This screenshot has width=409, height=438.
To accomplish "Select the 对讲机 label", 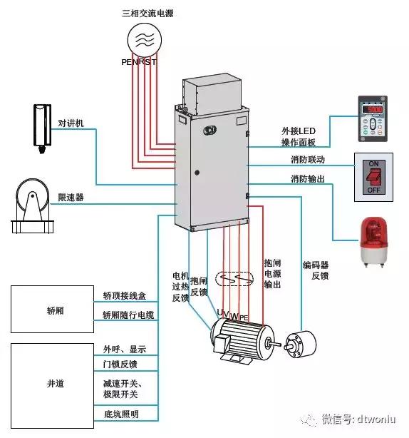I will (x=71, y=123).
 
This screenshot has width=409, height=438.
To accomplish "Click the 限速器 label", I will (x=71, y=197).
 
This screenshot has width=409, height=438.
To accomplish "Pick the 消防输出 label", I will (x=307, y=178).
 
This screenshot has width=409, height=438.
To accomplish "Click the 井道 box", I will (x=51, y=384).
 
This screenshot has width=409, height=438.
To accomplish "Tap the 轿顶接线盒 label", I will (x=125, y=295).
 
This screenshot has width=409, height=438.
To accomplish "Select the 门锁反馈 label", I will (x=120, y=365).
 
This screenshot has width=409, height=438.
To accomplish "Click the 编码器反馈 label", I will (x=315, y=270).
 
